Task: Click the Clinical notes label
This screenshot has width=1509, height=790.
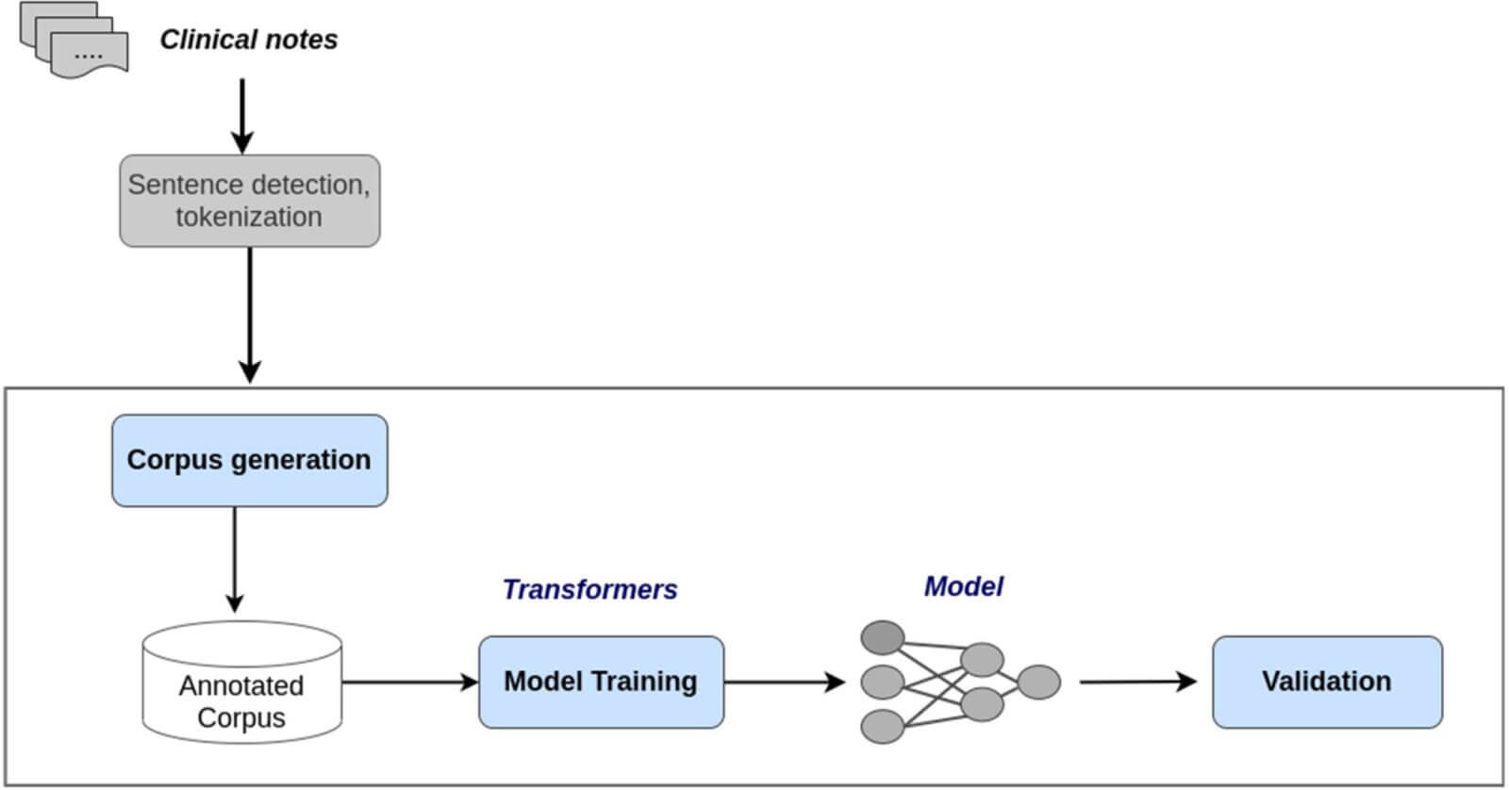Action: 249,40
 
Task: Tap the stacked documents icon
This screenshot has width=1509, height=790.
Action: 75,40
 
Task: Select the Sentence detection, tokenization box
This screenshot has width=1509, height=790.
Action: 250,201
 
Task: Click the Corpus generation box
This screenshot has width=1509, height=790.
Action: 250,461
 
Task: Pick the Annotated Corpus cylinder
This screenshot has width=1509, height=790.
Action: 241,683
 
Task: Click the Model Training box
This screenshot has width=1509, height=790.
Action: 602,683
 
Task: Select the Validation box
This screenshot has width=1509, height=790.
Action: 1327,683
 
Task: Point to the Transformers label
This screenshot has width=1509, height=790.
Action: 590,590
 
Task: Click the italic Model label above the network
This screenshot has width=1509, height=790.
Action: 963,586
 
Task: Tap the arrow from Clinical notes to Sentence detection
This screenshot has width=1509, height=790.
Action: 242,117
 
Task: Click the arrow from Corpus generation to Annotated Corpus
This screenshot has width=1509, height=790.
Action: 235,560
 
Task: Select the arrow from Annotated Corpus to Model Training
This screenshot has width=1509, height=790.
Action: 410,683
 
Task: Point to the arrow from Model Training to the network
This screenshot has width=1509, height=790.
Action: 785,683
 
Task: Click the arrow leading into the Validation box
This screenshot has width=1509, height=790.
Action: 1138,682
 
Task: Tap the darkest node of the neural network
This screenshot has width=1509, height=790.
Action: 883,638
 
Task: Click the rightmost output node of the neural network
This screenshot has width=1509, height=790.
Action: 1038,683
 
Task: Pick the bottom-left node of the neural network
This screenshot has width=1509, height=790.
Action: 883,727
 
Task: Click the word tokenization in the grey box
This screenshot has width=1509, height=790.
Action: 249,218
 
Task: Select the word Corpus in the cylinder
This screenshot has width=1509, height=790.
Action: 241,718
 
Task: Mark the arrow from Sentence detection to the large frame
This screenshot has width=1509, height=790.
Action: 250,315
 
